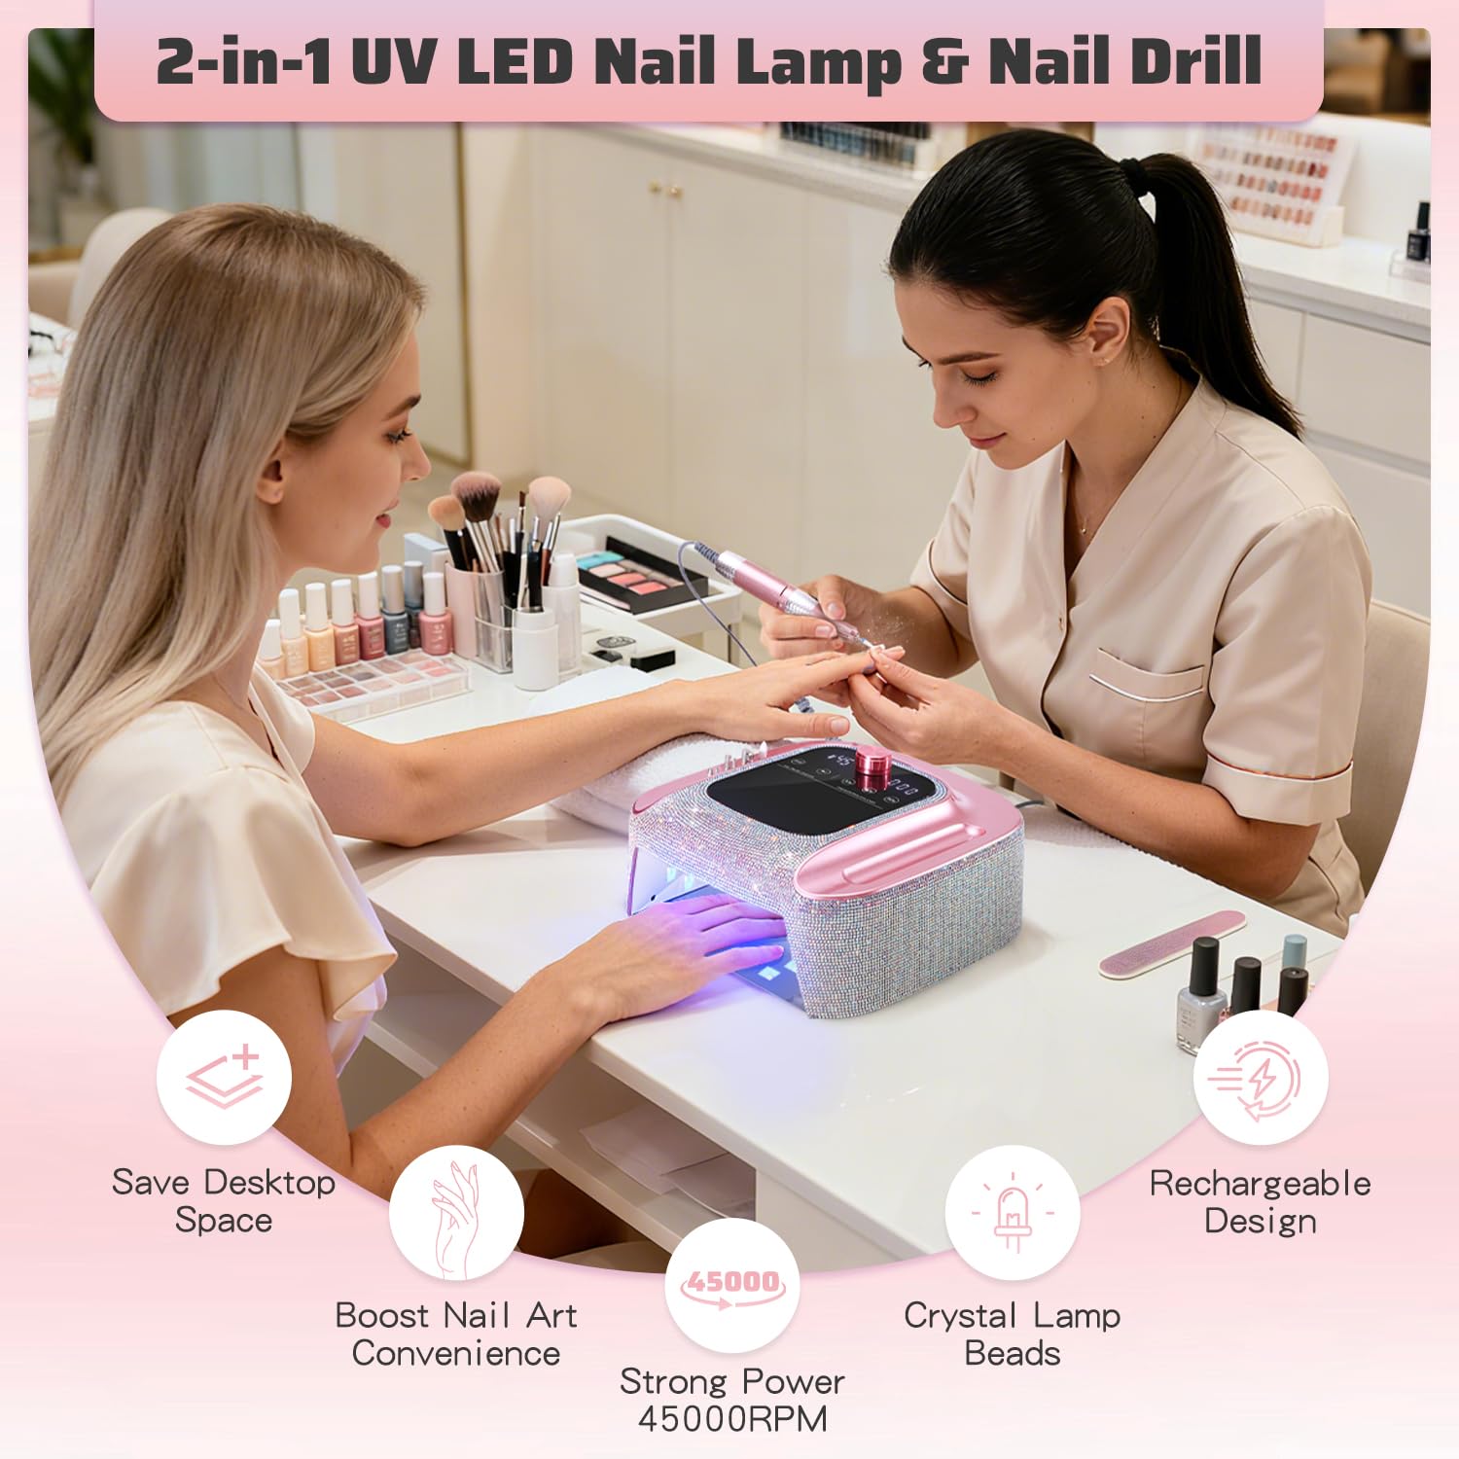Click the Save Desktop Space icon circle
[x=224, y=1077]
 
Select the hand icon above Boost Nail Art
[x=456, y=1213]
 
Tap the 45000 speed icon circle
[x=732, y=1285]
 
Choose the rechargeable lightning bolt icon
[x=1261, y=1078]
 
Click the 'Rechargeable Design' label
[x=1261, y=1201]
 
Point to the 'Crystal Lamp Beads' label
[x=1012, y=1334]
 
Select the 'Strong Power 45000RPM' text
[x=732, y=1400]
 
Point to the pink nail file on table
[x=1172, y=943]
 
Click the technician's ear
[x=1110, y=336]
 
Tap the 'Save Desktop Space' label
[x=224, y=1201]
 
